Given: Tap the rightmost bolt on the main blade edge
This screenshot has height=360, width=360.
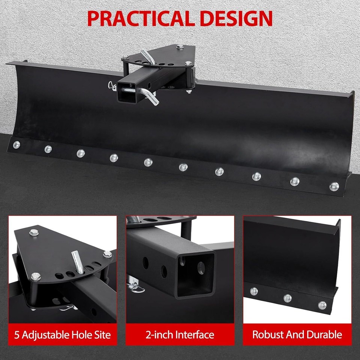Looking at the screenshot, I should coord(333,186).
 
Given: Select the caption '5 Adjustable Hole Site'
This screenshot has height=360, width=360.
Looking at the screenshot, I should coord(63,334).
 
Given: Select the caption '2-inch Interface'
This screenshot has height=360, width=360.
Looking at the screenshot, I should coord(180,334).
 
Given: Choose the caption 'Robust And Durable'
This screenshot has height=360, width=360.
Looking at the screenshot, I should coord(297,334).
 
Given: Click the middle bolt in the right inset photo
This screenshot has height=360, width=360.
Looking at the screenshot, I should coord(288,298).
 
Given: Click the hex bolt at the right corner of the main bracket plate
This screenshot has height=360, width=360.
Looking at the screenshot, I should coord(188,64).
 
